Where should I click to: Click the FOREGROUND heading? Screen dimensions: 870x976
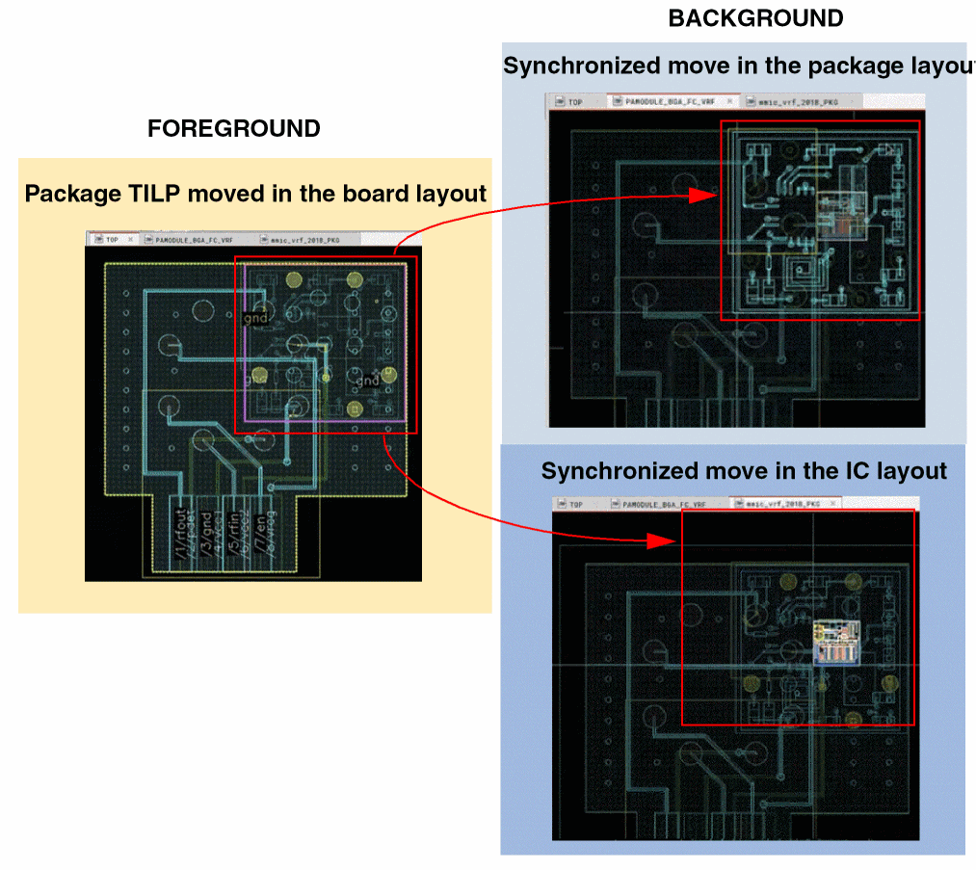(x=233, y=129)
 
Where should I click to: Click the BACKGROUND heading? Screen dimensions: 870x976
(x=755, y=18)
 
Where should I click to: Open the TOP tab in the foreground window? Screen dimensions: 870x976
(x=112, y=239)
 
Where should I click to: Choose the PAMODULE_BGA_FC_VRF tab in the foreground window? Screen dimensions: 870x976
(x=194, y=239)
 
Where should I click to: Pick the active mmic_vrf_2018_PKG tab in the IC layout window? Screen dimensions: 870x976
(x=781, y=504)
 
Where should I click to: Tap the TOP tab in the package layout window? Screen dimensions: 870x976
(x=575, y=101)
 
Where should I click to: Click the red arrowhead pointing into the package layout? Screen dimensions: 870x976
(x=704, y=196)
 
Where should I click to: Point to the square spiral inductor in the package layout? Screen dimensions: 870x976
(x=803, y=277)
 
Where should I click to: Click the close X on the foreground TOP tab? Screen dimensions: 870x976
(x=130, y=239)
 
